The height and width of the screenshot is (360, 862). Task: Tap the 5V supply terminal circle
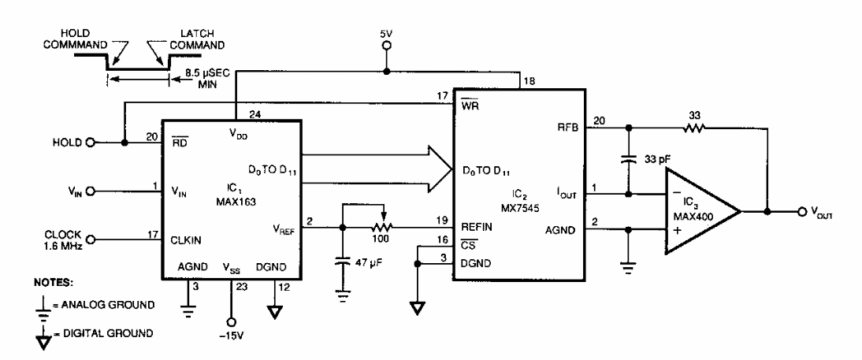[386, 46]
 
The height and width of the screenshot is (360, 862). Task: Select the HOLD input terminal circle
[90, 143]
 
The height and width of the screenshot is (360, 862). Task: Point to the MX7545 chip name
[513, 202]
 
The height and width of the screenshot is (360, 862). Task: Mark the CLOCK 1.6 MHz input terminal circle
[90, 239]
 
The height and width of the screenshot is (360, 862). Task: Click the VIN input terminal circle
[90, 191]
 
